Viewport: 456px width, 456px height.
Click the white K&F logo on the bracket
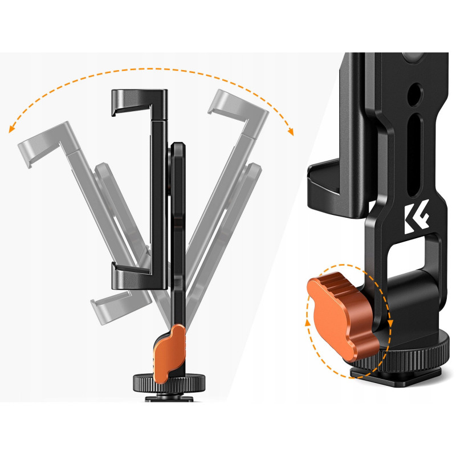416,217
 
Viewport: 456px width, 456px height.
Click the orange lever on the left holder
170,353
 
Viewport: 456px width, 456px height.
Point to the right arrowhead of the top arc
291,132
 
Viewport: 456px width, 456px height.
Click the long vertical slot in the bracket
414,154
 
